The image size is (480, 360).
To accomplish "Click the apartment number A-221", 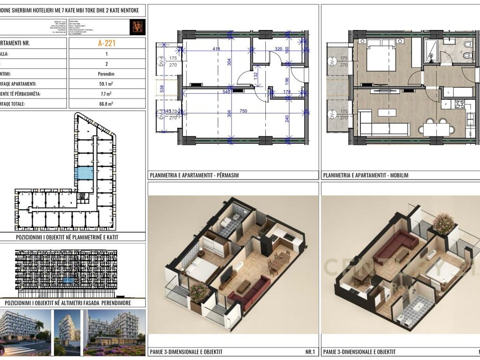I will (x=107, y=44).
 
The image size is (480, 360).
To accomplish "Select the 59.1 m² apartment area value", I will (x=107, y=84).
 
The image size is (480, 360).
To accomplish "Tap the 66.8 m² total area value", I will (x=107, y=104).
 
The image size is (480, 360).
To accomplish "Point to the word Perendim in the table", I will (x=107, y=74).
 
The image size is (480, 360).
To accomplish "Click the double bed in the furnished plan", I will (x=381, y=55).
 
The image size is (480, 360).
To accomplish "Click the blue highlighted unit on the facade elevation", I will (x=68, y=280).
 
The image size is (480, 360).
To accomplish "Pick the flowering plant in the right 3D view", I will (x=443, y=224).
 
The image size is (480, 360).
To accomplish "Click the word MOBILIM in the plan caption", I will (x=398, y=176).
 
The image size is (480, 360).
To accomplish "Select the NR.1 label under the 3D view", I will (x=310, y=352).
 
